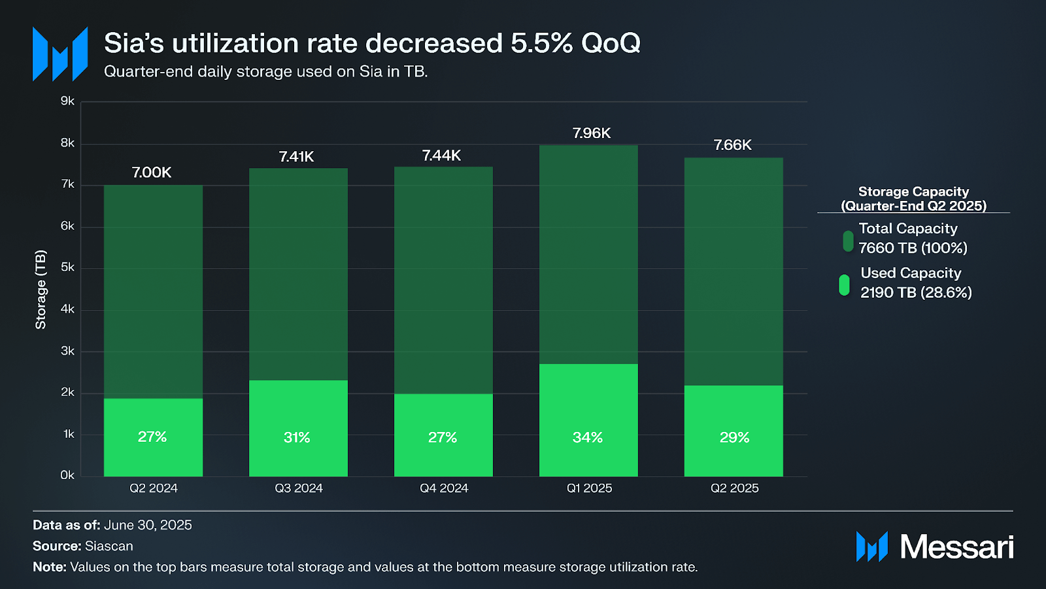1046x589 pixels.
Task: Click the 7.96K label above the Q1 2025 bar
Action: (591, 134)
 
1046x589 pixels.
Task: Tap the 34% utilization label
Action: (588, 437)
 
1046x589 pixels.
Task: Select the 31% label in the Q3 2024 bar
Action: (297, 437)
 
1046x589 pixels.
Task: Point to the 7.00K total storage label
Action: (152, 172)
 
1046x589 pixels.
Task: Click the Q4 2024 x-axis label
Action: (444, 488)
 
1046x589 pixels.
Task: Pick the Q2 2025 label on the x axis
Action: (734, 488)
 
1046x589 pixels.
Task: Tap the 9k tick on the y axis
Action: (67, 101)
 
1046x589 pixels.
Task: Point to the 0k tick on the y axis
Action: (67, 475)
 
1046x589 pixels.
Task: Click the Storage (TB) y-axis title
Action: (41, 289)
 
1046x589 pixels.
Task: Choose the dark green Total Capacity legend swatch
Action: (848, 241)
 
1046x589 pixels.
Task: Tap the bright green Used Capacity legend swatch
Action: (844, 285)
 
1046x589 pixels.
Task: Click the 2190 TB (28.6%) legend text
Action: (916, 293)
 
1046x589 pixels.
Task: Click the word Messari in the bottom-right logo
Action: (956, 547)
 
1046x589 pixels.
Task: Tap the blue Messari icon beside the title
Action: (60, 54)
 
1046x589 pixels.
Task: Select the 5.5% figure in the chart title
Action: (541, 43)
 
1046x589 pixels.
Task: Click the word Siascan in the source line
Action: (109, 546)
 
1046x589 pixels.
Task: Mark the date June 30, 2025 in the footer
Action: (148, 525)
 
